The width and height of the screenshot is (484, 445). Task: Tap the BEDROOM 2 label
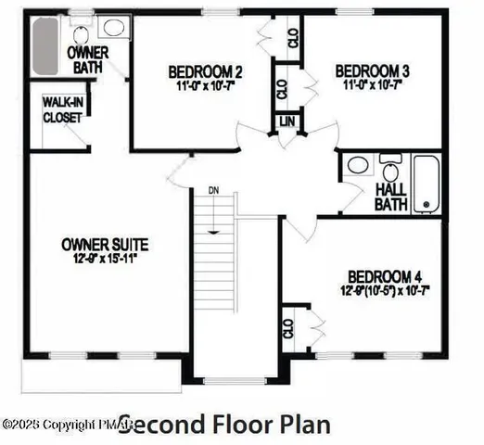pyautogui.click(x=205, y=71)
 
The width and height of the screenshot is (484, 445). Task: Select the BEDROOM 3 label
pyautogui.click(x=373, y=70)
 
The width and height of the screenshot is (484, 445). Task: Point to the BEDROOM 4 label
pyautogui.click(x=385, y=276)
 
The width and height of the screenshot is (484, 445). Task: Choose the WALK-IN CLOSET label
pyautogui.click(x=62, y=111)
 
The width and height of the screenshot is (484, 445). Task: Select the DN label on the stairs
pyautogui.click(x=213, y=190)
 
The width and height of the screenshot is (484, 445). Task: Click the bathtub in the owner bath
pyautogui.click(x=45, y=46)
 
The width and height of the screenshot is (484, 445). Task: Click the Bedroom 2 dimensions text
pyautogui.click(x=205, y=87)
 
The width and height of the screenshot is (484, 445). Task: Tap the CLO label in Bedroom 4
pyautogui.click(x=288, y=329)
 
